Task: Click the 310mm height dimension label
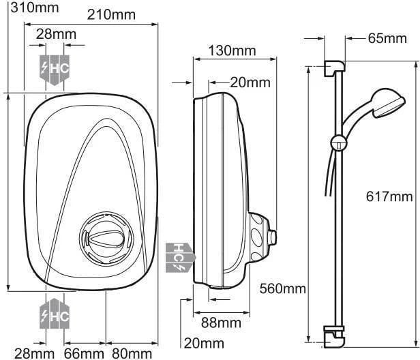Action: [35, 7]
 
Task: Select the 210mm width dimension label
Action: [111, 15]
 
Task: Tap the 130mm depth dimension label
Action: [232, 50]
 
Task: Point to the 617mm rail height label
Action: [389, 197]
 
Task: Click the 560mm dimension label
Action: [282, 289]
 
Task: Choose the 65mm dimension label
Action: [387, 39]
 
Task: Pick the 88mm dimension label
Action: [221, 323]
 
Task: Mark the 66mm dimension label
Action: [84, 354]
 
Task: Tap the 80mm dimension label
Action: [132, 354]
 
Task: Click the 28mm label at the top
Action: [56, 34]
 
